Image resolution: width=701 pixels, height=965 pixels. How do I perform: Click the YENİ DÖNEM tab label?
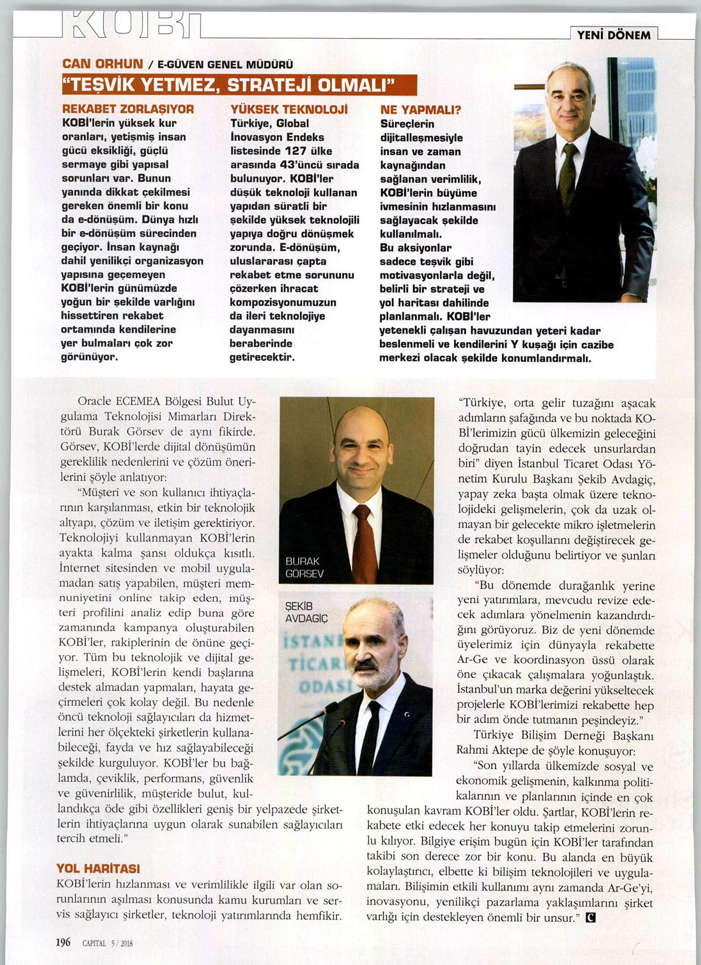[613, 35]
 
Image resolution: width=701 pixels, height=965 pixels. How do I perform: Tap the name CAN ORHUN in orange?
[103, 64]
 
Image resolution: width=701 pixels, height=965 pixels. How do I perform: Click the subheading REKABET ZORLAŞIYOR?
[128, 109]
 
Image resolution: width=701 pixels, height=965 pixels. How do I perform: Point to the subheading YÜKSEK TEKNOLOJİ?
[289, 109]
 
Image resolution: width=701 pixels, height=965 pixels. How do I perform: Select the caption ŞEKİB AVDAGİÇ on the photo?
[306, 612]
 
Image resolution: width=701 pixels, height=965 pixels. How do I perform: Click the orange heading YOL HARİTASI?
[98, 869]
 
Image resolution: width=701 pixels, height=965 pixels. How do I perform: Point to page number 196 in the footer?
[63, 942]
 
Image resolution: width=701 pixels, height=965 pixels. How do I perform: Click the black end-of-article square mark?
[591, 917]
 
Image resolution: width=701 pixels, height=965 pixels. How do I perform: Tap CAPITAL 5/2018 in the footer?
[107, 943]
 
